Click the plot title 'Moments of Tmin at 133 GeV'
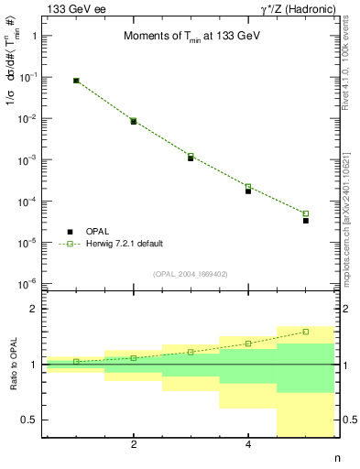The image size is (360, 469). pyautogui.click(x=191, y=37)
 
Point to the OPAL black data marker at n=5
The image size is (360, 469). pyautogui.click(x=306, y=221)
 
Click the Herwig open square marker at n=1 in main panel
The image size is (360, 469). pyautogui.click(x=76, y=81)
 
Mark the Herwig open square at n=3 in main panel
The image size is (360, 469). pyautogui.click(x=191, y=156)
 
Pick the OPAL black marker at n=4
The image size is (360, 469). pyautogui.click(x=248, y=191)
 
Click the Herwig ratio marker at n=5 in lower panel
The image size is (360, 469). pyautogui.click(x=306, y=332)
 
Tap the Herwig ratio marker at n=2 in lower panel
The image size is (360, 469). pyautogui.click(x=134, y=358)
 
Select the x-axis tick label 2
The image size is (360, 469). pyautogui.click(x=134, y=444)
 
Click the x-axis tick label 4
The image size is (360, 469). pyautogui.click(x=248, y=444)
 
